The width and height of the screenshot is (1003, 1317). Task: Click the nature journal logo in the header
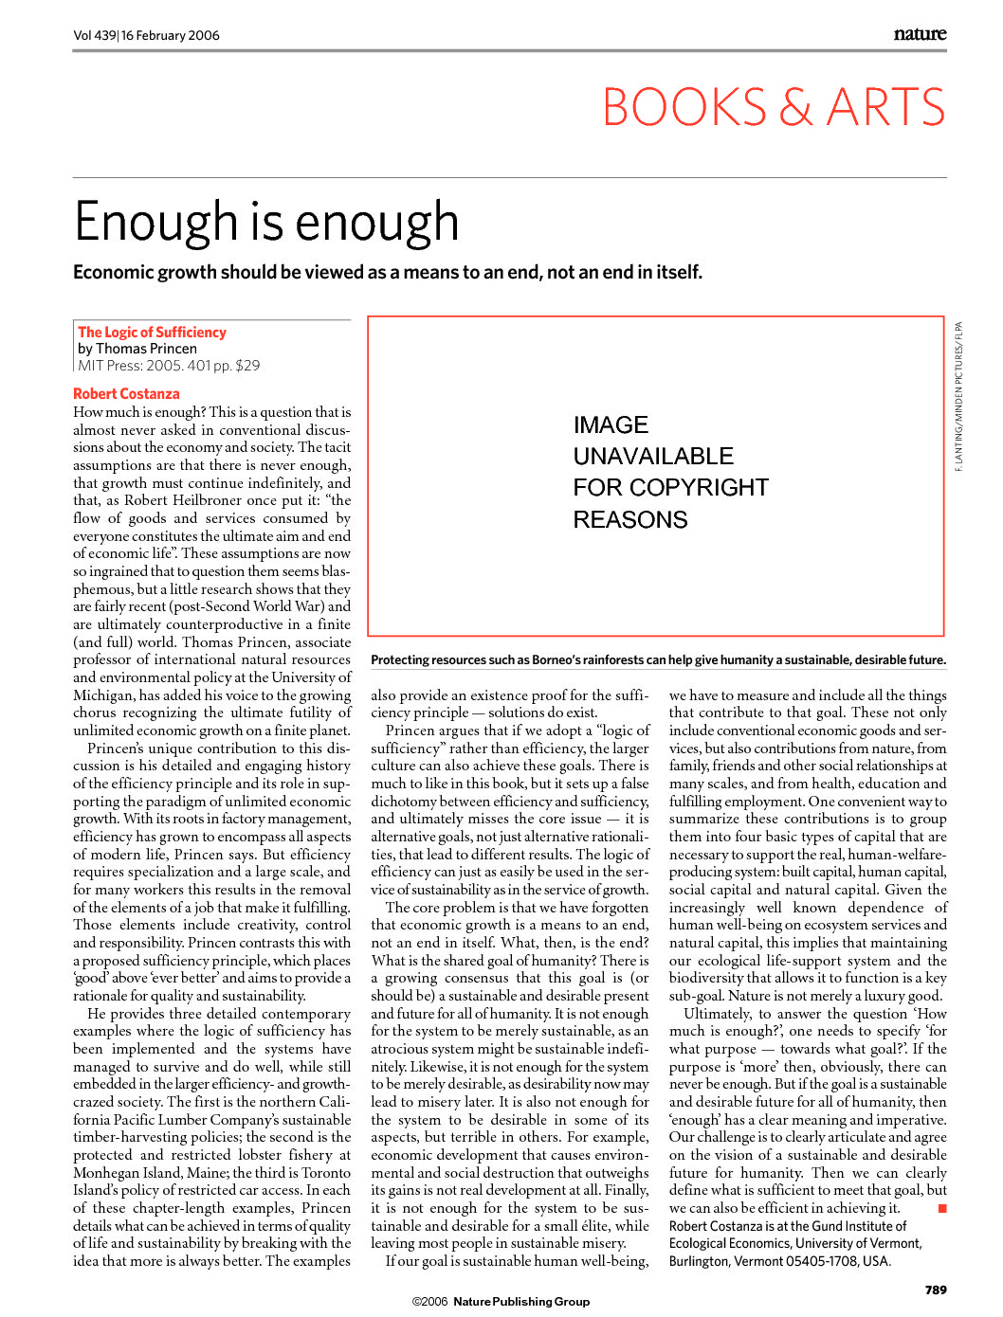point(919,34)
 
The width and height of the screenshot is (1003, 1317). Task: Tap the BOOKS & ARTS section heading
point(774,107)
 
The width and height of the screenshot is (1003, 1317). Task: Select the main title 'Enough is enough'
point(266,222)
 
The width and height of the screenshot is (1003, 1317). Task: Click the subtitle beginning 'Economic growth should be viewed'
point(388,273)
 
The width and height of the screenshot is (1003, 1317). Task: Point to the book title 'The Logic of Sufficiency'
point(152,333)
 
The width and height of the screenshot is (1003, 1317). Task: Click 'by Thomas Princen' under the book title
point(137,349)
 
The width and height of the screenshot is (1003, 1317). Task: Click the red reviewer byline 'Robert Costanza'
point(126,394)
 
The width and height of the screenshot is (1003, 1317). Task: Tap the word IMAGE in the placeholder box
point(611,425)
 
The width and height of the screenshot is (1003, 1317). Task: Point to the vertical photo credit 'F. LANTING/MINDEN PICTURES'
point(958,397)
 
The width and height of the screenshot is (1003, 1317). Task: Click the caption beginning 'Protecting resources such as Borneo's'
point(658,660)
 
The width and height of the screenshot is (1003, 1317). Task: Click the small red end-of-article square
point(941,1208)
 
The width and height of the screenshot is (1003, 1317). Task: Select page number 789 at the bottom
point(936,1290)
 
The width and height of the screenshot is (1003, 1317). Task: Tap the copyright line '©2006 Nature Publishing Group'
point(501,1302)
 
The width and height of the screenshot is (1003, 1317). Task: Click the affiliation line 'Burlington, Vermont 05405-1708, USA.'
point(779,1261)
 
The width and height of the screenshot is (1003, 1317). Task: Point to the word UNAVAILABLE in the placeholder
point(653,457)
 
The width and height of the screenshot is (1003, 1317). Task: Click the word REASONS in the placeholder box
point(630,520)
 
